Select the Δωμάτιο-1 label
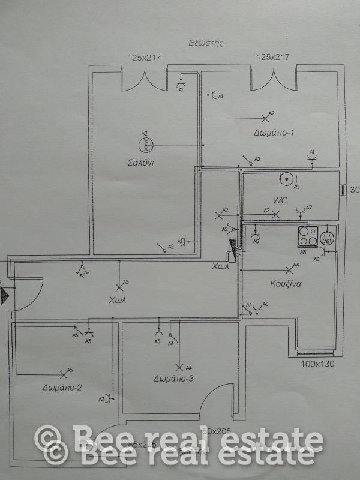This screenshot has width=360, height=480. [275, 132]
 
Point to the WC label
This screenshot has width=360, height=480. [281, 199]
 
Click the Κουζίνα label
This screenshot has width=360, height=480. [286, 283]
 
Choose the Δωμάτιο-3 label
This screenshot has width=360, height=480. [173, 378]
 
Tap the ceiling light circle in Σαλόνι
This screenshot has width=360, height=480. [145, 144]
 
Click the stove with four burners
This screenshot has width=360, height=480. [308, 236]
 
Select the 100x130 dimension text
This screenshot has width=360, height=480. [317, 364]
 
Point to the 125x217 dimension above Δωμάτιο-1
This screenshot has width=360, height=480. [273, 58]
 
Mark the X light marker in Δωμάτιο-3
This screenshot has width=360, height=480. [178, 367]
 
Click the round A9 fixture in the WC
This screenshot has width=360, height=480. [287, 178]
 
